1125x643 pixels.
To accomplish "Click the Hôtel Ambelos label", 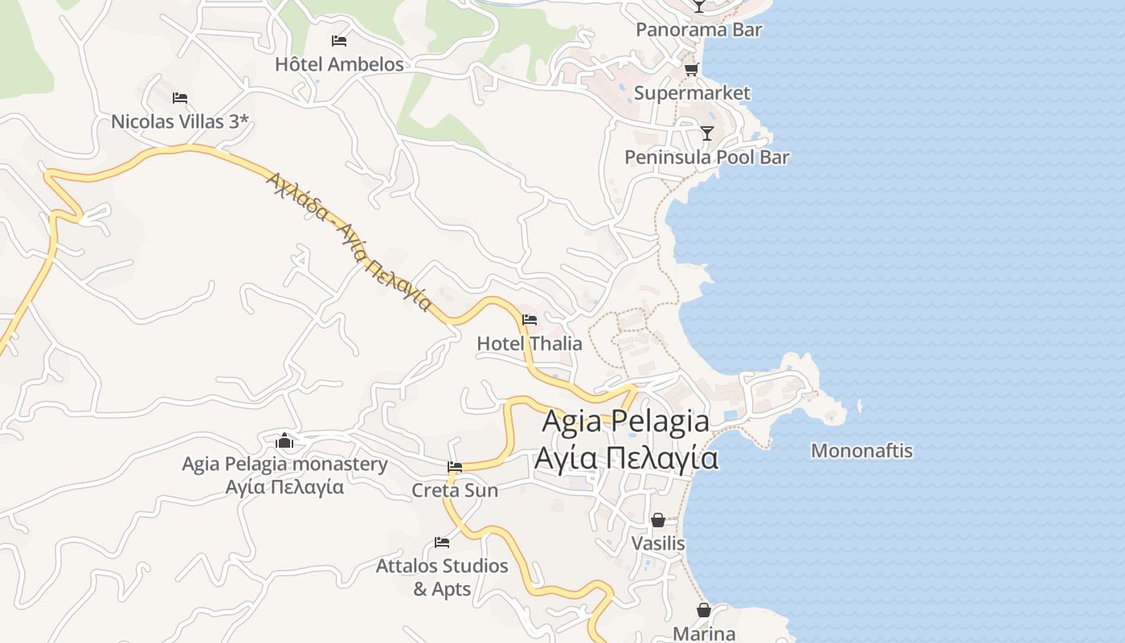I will (339, 64).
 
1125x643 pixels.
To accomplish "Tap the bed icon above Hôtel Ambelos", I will (339, 40).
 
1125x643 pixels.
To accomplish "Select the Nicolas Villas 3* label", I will (181, 122).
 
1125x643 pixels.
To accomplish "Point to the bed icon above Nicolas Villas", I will (180, 98).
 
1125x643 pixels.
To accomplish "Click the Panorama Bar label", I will (699, 30).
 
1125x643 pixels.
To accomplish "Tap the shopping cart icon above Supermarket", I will (691, 69).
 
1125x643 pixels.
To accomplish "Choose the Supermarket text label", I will (692, 93).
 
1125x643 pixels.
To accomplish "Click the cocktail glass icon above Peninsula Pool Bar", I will (707, 133).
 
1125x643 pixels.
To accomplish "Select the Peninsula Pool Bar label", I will (707, 157).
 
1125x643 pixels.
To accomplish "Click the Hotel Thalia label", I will (530, 343).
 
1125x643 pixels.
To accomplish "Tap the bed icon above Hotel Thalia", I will (530, 320).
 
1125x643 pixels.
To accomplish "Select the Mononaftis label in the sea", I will (861, 451).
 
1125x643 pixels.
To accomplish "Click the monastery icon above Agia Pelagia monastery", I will (284, 440).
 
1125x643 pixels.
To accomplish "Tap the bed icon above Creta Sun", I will (455, 467).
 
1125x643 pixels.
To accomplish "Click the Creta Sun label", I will (455, 490).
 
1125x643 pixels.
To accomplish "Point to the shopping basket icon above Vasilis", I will (658, 520).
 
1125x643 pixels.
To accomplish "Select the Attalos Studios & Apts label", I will (442, 577).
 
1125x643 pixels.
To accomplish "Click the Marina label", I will (704, 633).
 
